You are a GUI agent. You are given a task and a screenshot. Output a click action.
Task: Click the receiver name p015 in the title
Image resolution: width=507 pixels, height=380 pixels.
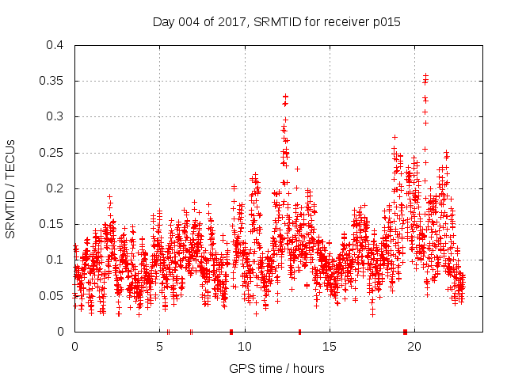(x=383, y=22)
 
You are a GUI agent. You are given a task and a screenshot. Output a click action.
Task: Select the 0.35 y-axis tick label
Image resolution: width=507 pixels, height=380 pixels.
(x=52, y=81)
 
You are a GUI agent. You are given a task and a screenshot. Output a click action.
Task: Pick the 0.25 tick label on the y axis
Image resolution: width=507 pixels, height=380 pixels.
(x=52, y=153)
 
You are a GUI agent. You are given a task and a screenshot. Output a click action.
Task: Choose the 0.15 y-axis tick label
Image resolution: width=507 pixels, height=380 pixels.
(x=52, y=224)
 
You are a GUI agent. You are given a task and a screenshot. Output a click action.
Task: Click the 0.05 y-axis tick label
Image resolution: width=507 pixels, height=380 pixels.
(x=52, y=296)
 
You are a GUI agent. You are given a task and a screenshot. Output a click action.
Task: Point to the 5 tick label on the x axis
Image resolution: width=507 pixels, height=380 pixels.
(x=159, y=346)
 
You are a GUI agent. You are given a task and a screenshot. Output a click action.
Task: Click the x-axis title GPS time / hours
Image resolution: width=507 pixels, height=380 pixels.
(x=276, y=368)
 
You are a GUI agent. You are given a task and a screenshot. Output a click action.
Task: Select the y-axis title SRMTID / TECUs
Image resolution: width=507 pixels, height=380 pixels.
(x=11, y=188)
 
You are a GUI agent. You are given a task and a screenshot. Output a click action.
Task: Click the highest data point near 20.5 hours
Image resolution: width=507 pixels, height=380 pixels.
(x=425, y=76)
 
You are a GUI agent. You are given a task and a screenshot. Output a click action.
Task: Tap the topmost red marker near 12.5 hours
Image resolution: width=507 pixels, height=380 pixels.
(x=285, y=97)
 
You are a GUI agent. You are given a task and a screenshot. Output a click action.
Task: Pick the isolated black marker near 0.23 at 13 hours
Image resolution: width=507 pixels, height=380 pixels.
(x=297, y=169)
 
